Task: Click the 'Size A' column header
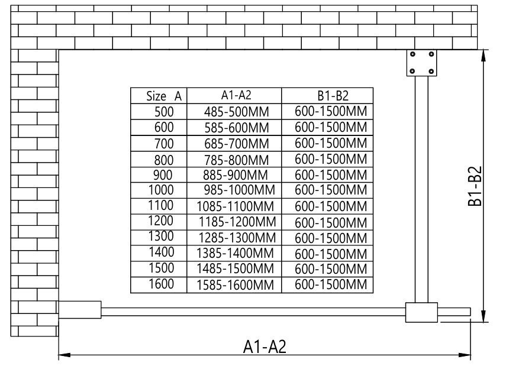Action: pyautogui.click(x=164, y=96)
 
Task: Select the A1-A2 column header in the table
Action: pyautogui.click(x=236, y=95)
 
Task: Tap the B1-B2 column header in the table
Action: pyautogui.click(x=333, y=96)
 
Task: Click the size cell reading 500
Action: pyautogui.click(x=164, y=112)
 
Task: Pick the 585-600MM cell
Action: pyautogui.click(x=237, y=128)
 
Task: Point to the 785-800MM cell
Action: pyautogui.click(x=237, y=160)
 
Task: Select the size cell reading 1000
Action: pyautogui.click(x=161, y=189)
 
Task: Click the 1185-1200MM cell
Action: pyautogui.click(x=237, y=222)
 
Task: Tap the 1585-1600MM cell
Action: pyautogui.click(x=236, y=285)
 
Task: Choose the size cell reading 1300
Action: pyautogui.click(x=161, y=237)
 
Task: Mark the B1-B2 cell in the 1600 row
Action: pyautogui.click(x=331, y=284)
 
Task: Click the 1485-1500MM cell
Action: pyautogui.click(x=236, y=268)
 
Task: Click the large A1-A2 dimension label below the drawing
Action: pyautogui.click(x=265, y=346)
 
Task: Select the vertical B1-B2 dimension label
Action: pyautogui.click(x=475, y=186)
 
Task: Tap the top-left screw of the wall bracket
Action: pyautogui.click(x=412, y=54)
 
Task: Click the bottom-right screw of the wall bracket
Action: pyautogui.click(x=431, y=71)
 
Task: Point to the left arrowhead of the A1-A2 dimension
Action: pyautogui.click(x=65, y=355)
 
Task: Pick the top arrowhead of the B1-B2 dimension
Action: pyautogui.click(x=483, y=56)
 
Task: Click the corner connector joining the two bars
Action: pyautogui.click(x=421, y=312)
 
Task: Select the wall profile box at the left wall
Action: pyautogui.click(x=80, y=310)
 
